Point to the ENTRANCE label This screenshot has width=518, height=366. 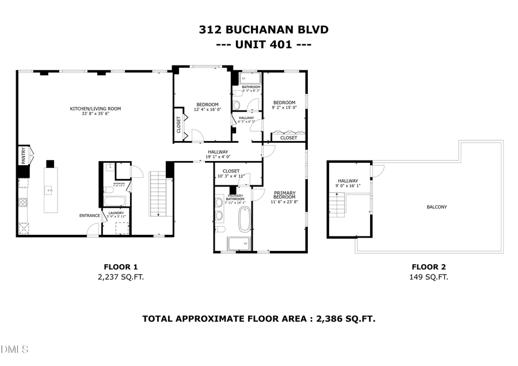click(90, 216)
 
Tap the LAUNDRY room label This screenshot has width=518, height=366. click(116, 213)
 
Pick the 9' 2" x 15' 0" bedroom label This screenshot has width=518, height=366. click(284, 105)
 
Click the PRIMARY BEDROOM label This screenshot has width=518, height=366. click(284, 197)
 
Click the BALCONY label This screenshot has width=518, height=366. click(436, 207)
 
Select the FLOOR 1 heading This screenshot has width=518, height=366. click(120, 266)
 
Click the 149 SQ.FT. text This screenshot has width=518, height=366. click(428, 277)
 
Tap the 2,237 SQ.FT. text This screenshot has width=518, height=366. click(120, 277)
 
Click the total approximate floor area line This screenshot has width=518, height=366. click(258, 318)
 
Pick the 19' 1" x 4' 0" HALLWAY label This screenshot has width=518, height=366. click(219, 154)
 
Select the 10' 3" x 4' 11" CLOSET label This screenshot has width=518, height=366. click(231, 173)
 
